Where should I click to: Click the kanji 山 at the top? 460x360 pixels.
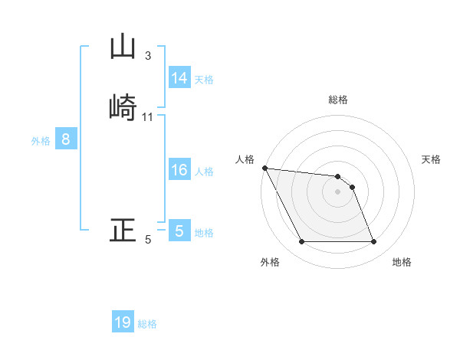click(123, 47)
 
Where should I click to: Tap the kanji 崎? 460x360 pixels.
click(123, 106)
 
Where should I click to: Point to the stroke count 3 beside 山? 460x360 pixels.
click(148, 56)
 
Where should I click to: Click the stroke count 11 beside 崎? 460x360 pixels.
click(148, 117)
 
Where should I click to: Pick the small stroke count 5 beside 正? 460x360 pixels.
click(148, 241)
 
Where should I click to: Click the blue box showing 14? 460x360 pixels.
click(179, 78)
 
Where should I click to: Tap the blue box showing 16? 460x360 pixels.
click(179, 170)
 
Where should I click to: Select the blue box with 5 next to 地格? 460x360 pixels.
click(179, 231)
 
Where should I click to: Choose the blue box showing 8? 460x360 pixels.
click(66, 139)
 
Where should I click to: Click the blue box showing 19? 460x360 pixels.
click(123, 322)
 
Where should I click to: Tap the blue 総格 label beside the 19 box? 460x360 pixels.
click(147, 324)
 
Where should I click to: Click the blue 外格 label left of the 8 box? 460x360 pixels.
click(41, 141)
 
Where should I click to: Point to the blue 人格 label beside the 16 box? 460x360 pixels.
click(204, 172)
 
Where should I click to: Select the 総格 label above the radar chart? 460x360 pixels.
click(337, 100)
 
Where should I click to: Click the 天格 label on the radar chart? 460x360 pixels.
click(432, 159)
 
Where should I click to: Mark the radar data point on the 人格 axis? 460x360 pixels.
click(264, 168)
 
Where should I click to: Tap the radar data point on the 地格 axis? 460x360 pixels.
click(373, 242)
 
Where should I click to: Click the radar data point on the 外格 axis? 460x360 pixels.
click(301, 242)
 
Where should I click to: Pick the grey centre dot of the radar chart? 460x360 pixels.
click(337, 191)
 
